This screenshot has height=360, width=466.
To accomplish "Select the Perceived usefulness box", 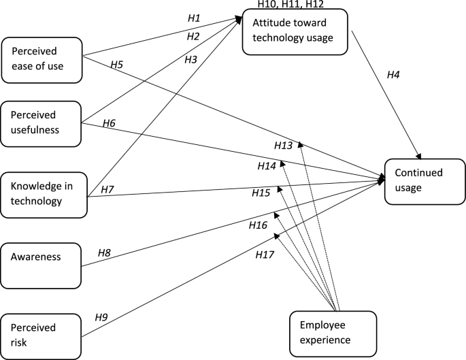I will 41,123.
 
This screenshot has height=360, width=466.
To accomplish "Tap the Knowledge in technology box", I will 44,193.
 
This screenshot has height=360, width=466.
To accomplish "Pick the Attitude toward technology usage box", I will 295,31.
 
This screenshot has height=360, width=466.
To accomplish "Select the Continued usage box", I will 420,181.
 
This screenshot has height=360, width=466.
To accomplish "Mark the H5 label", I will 117,65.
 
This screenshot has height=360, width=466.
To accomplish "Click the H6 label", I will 109,123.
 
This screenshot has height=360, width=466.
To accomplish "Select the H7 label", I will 107,189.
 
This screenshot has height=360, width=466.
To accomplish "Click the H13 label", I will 283,146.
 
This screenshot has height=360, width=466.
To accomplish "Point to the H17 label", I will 265,255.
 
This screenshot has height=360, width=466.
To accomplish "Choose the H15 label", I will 261,193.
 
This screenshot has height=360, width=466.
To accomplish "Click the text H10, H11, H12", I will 290,5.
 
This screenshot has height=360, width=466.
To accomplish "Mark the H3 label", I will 191,59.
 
